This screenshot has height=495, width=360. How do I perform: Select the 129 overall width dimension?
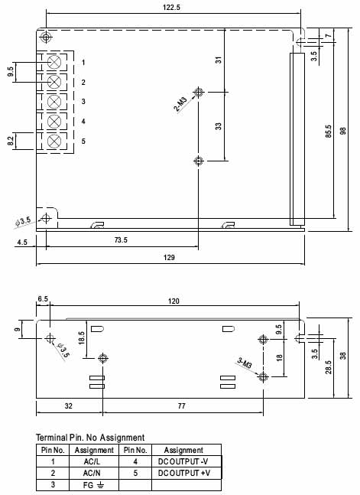click(x=170, y=258)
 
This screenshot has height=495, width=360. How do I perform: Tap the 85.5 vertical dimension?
click(x=328, y=132)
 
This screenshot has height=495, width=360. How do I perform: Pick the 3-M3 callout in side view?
click(x=244, y=363)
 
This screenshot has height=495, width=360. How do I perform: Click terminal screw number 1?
click(x=54, y=62)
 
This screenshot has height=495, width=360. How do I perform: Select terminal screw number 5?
click(x=54, y=142)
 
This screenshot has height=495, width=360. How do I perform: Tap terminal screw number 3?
click(x=54, y=102)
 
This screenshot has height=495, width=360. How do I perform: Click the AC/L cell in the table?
click(x=94, y=462)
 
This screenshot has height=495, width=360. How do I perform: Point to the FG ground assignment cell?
click(x=94, y=485)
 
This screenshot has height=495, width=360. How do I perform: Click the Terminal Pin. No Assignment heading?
click(x=90, y=438)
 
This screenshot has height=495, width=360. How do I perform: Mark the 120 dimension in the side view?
click(x=174, y=301)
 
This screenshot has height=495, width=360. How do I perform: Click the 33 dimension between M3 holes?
click(x=219, y=126)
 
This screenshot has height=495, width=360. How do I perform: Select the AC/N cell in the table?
click(x=94, y=474)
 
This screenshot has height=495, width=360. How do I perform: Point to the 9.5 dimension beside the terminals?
click(x=11, y=72)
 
